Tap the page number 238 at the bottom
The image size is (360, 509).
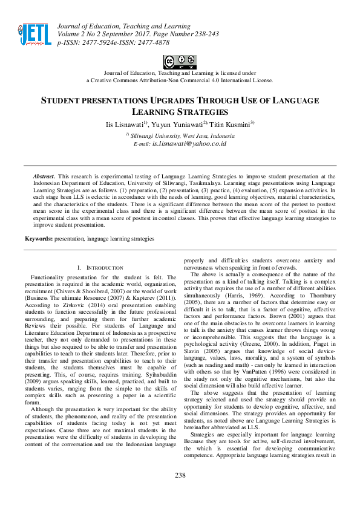pyautogui.click(x=180, y=475)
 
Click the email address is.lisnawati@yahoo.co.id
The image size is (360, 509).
pyautogui.click(x=189, y=144)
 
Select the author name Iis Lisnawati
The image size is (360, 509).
pyautogui.click(x=123, y=124)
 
